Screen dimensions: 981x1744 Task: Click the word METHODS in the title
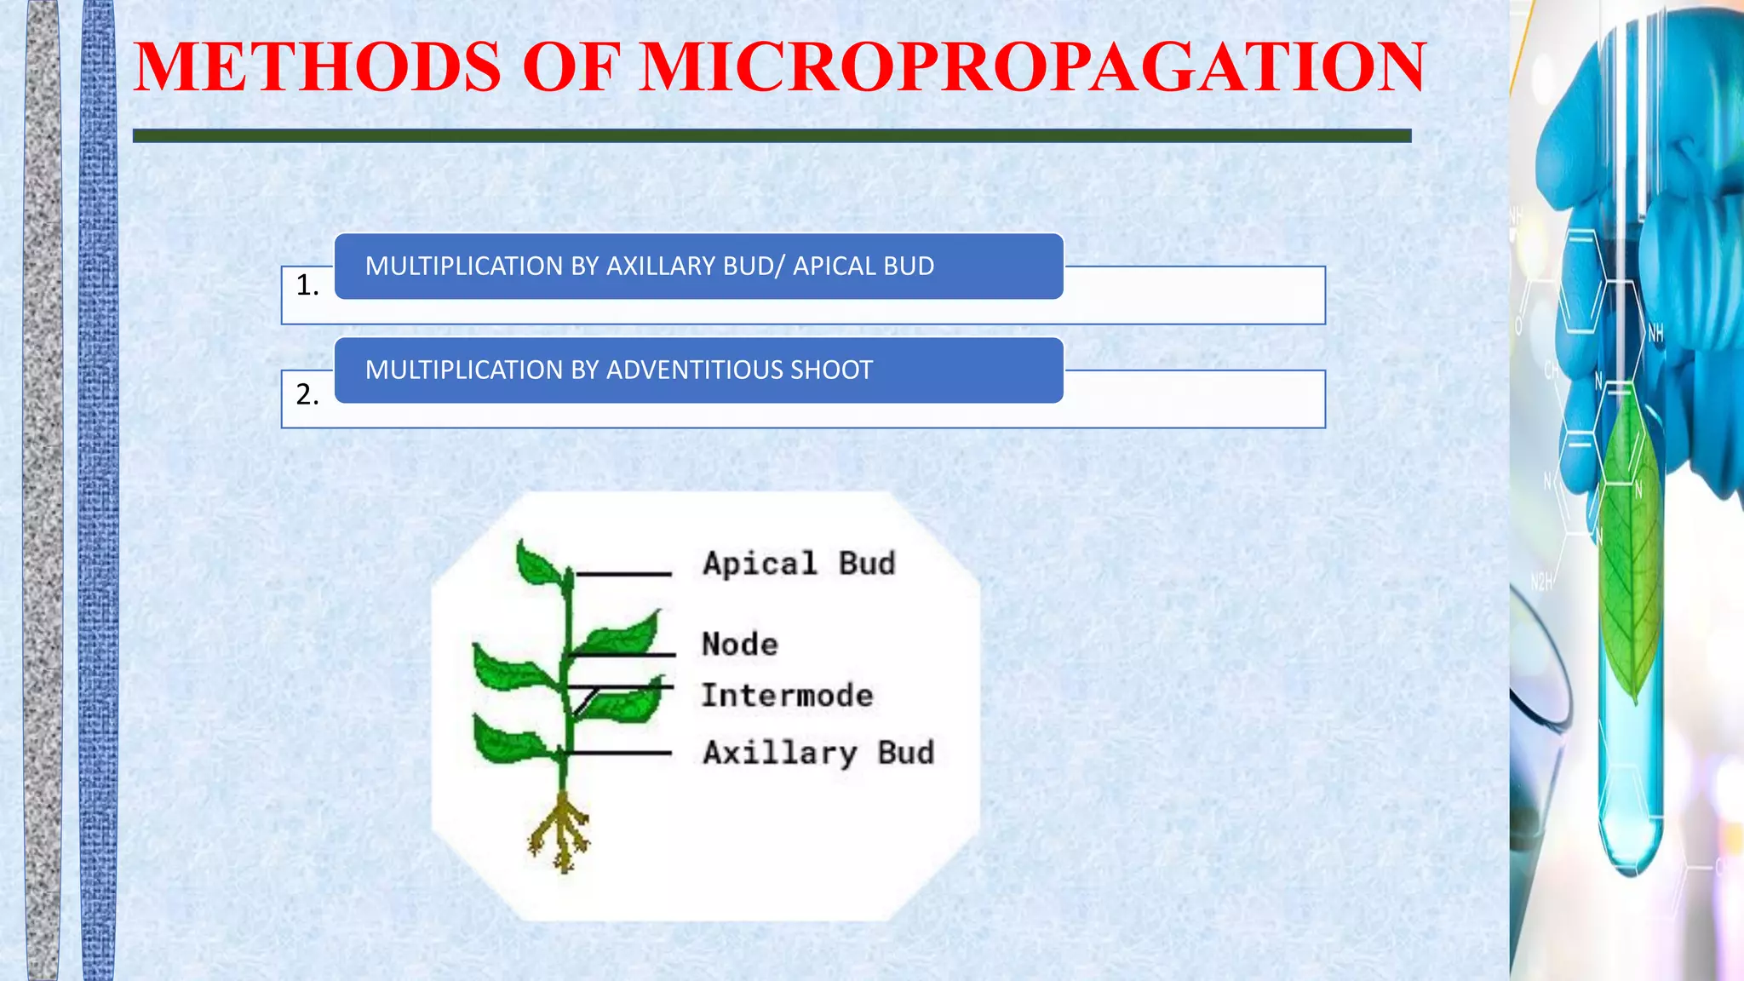click(x=318, y=67)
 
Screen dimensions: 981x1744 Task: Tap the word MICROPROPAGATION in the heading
click(x=1033, y=67)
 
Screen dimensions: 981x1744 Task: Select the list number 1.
click(x=307, y=285)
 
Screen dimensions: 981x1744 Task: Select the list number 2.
click(x=307, y=394)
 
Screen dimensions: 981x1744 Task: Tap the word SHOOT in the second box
click(x=832, y=370)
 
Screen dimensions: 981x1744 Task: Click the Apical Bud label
click(x=799, y=564)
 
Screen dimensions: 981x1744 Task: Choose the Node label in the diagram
click(x=739, y=645)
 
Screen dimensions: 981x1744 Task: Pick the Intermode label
click(x=787, y=696)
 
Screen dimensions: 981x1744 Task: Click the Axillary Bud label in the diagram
click(x=818, y=753)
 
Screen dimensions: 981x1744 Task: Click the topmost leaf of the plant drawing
click(x=538, y=564)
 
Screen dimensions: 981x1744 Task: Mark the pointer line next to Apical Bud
click(x=623, y=575)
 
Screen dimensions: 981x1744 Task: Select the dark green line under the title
click(x=772, y=136)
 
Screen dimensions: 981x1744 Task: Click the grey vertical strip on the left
click(x=43, y=490)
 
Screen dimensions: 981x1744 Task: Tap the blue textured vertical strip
click(x=98, y=490)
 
